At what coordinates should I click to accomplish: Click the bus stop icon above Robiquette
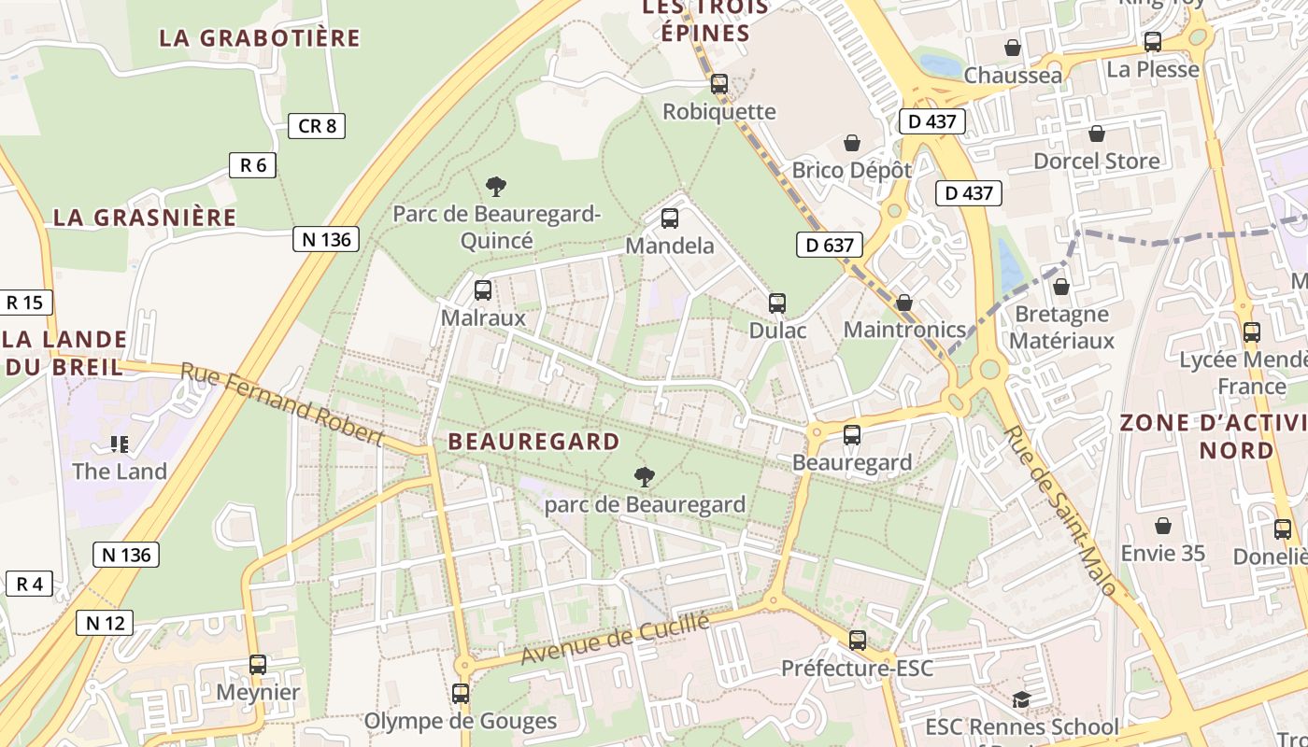click(x=718, y=84)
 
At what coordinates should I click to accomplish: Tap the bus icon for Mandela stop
click(x=669, y=218)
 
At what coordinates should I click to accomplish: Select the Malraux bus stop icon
click(x=482, y=290)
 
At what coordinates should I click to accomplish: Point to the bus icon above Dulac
click(x=776, y=303)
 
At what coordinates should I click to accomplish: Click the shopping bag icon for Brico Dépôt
click(x=851, y=143)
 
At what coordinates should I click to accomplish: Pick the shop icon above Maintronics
click(x=903, y=303)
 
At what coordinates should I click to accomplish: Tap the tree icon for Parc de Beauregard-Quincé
click(x=496, y=187)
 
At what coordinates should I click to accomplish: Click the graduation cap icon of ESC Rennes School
click(x=1021, y=699)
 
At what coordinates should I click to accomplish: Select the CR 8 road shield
click(x=317, y=125)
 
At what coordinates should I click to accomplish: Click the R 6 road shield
click(x=252, y=165)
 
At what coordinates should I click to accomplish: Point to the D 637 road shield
click(x=829, y=245)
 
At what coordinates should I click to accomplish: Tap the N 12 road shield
click(x=107, y=622)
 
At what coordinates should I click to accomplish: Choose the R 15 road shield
click(x=25, y=303)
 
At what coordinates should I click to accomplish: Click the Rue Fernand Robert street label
click(x=281, y=403)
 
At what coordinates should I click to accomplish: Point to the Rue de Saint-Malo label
click(x=1059, y=511)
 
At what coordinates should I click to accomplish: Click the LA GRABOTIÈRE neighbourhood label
click(x=259, y=38)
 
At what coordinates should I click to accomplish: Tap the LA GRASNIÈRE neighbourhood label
click(x=145, y=218)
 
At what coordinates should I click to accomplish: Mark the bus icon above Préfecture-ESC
click(x=857, y=641)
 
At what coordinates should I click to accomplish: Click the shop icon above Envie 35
click(x=1162, y=526)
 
